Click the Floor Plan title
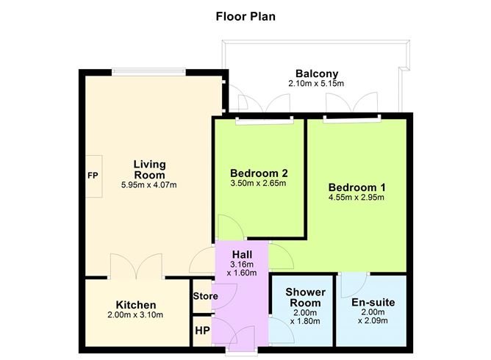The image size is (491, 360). click(x=245, y=15)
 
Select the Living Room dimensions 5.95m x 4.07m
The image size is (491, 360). click(x=149, y=184)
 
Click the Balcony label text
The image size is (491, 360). click(x=317, y=73)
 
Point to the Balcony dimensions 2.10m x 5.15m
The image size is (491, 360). click(x=317, y=84)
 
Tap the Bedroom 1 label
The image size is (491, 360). click(x=356, y=187)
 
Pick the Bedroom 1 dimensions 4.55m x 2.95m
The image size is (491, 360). click(x=356, y=198)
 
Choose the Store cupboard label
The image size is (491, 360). click(x=205, y=297)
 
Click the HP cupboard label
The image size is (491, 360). click(x=203, y=331)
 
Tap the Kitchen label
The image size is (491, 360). click(x=136, y=305)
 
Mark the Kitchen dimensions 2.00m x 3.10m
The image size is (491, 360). click(x=136, y=315)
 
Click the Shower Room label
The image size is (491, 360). click(x=304, y=298)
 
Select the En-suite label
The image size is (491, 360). click(x=373, y=302)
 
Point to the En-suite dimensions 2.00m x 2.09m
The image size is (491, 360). click(x=373, y=317)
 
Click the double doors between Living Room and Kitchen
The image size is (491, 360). click(x=135, y=266)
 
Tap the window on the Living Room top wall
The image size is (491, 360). click(x=149, y=71)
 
